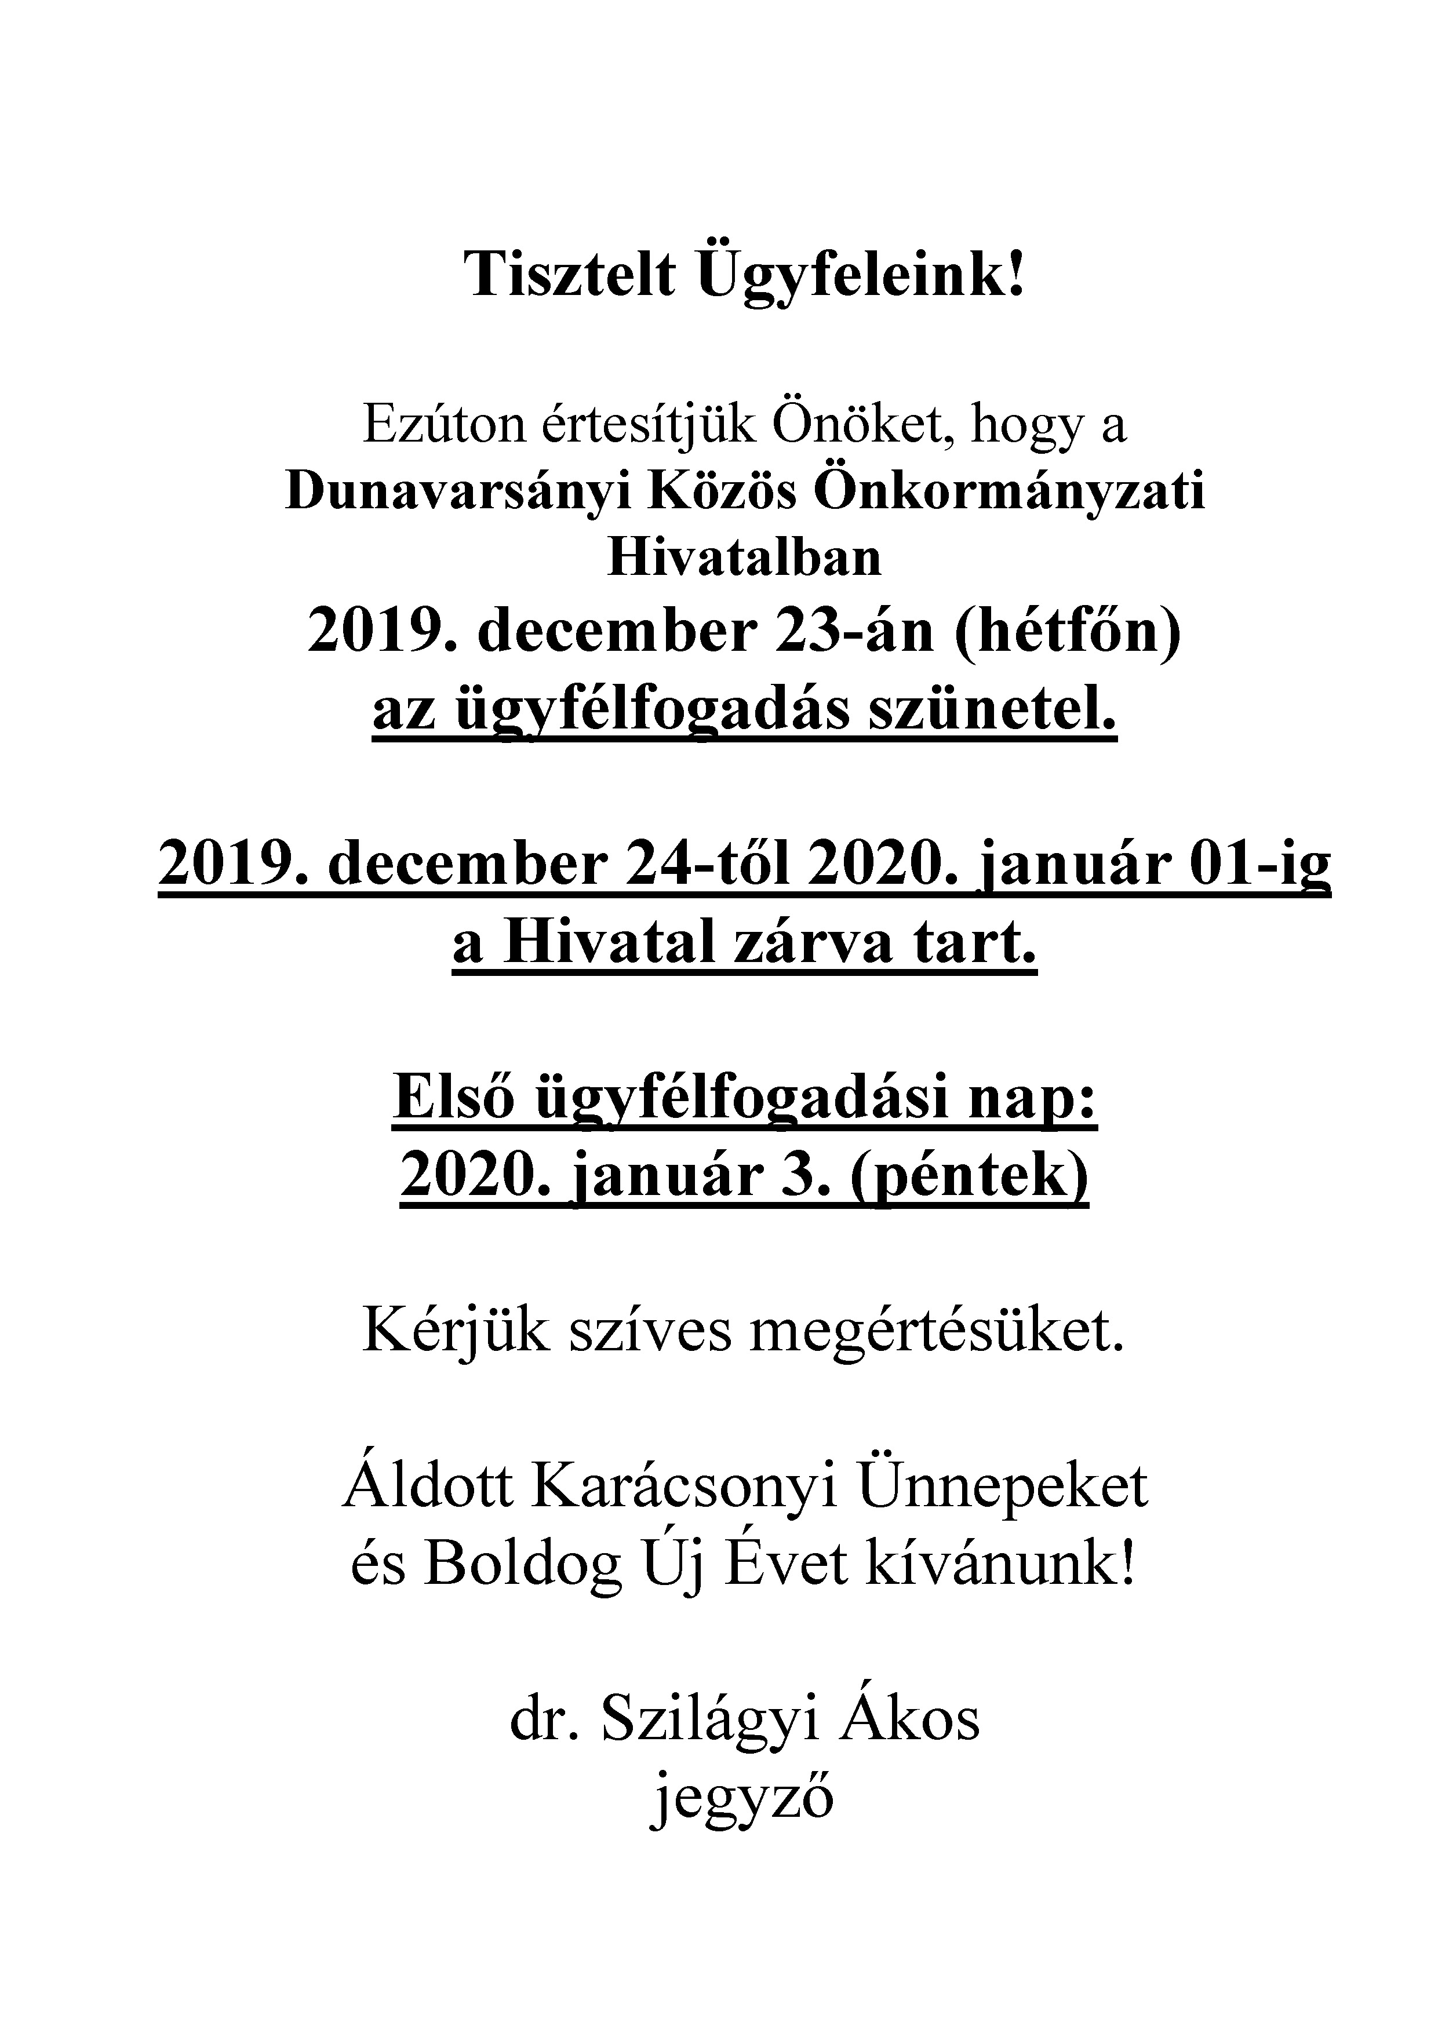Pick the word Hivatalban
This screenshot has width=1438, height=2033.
745,558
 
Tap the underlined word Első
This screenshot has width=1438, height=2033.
453,1098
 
